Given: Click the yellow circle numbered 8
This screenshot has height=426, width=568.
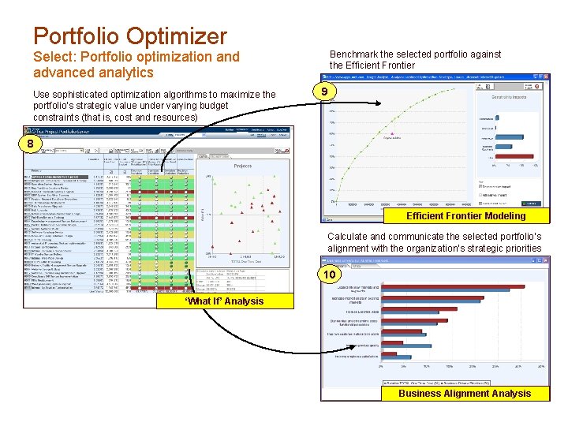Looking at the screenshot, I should pyautogui.click(x=30, y=144).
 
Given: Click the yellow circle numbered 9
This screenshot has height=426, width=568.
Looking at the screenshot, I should pyautogui.click(x=323, y=92).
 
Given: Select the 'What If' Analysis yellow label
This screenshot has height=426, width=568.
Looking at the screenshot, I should pyautogui.click(x=225, y=301).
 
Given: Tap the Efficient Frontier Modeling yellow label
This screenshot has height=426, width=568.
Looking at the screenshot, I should pyautogui.click(x=465, y=216).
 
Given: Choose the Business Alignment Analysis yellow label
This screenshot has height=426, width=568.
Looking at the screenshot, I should pyautogui.click(x=465, y=393).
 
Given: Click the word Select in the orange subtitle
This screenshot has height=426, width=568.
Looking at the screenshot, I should pyautogui.click(x=52, y=57).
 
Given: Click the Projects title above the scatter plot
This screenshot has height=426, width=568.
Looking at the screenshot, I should pyautogui.click(x=243, y=166).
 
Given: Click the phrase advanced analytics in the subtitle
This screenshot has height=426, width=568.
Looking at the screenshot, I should pyautogui.click(x=93, y=73).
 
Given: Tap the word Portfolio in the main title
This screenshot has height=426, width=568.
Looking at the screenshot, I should pyautogui.click(x=75, y=35).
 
